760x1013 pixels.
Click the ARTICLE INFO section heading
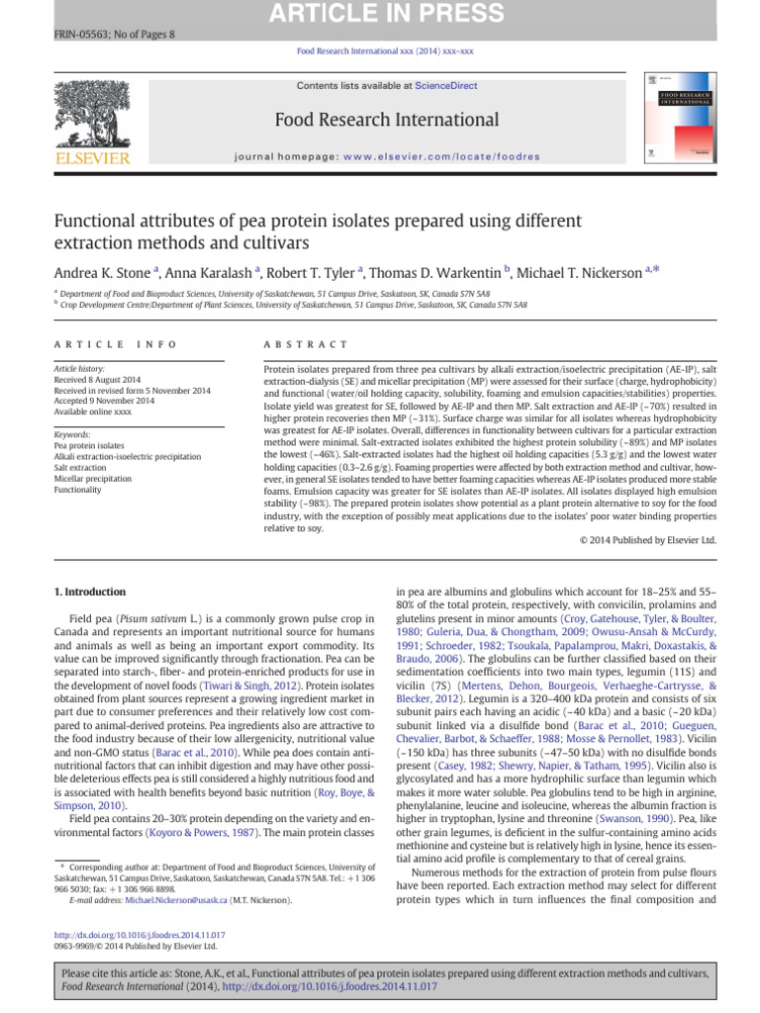coord(115,343)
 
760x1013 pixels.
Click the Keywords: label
coord(73,435)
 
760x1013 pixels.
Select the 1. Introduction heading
coord(88,592)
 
